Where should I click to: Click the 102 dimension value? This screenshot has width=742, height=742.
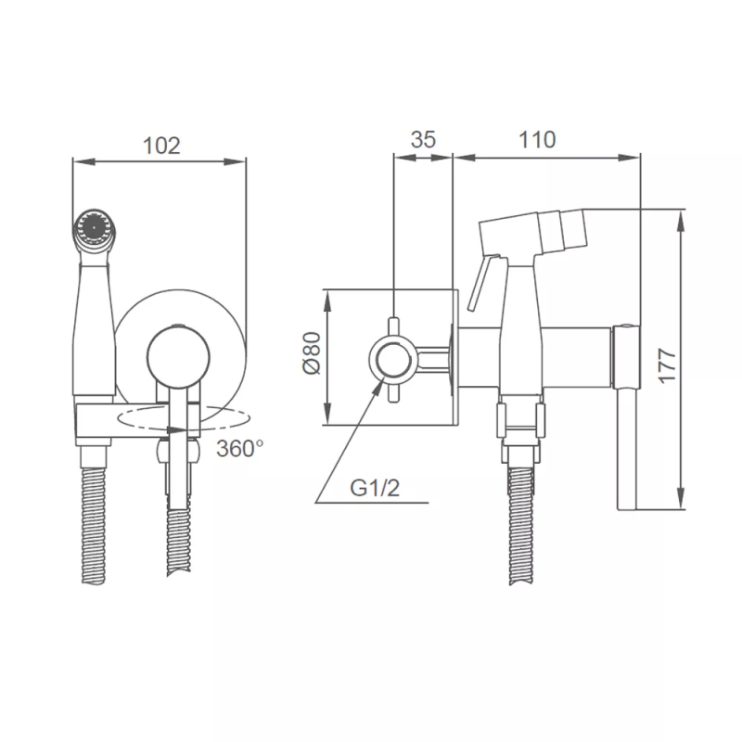pyautogui.click(x=161, y=146)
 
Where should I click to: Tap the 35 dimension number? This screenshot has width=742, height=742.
pyautogui.click(x=423, y=140)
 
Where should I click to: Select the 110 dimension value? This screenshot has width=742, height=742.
pyautogui.click(x=537, y=140)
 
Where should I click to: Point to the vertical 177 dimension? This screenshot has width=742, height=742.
pyautogui.click(x=667, y=365)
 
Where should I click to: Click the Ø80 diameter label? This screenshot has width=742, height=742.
pyautogui.click(x=312, y=353)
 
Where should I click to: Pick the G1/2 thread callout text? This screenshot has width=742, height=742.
pyautogui.click(x=375, y=488)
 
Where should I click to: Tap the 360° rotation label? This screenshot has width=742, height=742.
pyautogui.click(x=239, y=448)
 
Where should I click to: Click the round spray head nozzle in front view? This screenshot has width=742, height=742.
pyautogui.click(x=95, y=227)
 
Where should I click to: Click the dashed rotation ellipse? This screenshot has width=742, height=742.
pyautogui.click(x=184, y=418)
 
